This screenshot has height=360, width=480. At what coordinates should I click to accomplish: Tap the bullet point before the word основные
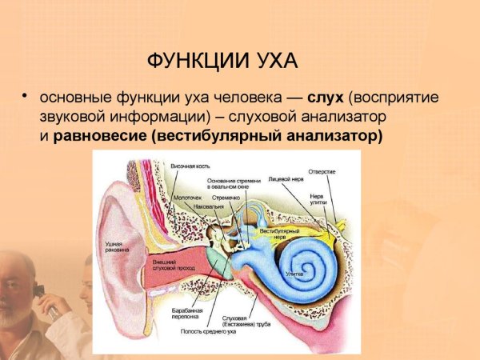[x=26, y=97]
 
